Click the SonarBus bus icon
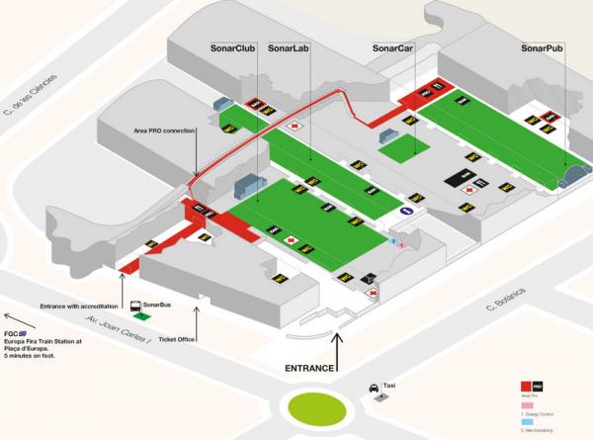click(132, 307)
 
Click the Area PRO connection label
click(162, 130)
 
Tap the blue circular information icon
click(405, 211)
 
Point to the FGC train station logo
click(21, 335)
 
